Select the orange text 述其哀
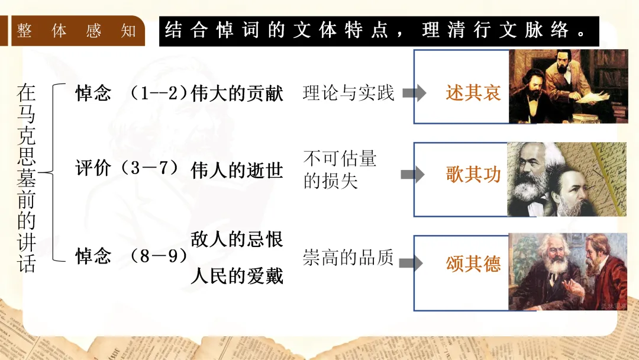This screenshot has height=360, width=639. (x=473, y=92)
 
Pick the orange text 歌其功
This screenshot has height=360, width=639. (x=473, y=174)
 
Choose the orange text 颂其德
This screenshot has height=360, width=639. (x=473, y=263)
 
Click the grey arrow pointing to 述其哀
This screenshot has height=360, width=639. (x=414, y=93)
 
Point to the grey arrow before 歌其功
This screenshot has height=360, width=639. (x=412, y=175)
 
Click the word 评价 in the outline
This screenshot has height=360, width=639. (x=93, y=168)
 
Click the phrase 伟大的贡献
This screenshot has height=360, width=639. (x=237, y=94)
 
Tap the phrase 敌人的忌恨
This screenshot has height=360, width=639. (x=237, y=239)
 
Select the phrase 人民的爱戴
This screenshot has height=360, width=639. (x=237, y=276)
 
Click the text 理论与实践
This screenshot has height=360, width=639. (x=348, y=93)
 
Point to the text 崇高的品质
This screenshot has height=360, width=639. (x=348, y=259)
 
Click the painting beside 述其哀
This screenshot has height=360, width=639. (x=568, y=86)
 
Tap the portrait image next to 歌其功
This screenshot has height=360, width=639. (x=567, y=179)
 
